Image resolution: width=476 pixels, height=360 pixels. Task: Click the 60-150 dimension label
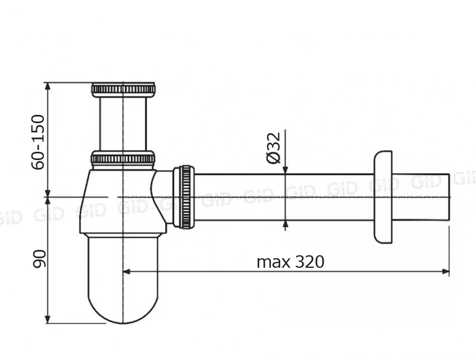pyautogui.click(x=38, y=142)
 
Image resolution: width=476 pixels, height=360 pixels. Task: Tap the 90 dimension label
pyautogui.click(x=39, y=259)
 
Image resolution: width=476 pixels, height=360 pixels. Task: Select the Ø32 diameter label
pyautogui.click(x=274, y=148)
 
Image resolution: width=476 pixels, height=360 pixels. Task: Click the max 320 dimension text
pyautogui.click(x=290, y=261)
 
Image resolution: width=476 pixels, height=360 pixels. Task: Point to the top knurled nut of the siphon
pyautogui.click(x=123, y=89)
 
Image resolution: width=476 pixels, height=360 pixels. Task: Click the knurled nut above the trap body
pyautogui.click(x=123, y=158)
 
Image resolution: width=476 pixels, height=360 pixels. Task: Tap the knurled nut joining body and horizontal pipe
pyautogui.click(x=183, y=197)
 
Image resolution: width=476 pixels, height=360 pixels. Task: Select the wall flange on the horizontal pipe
pyautogui.click(x=383, y=197)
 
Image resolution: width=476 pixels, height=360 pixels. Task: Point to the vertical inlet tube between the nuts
pyautogui.click(x=123, y=124)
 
